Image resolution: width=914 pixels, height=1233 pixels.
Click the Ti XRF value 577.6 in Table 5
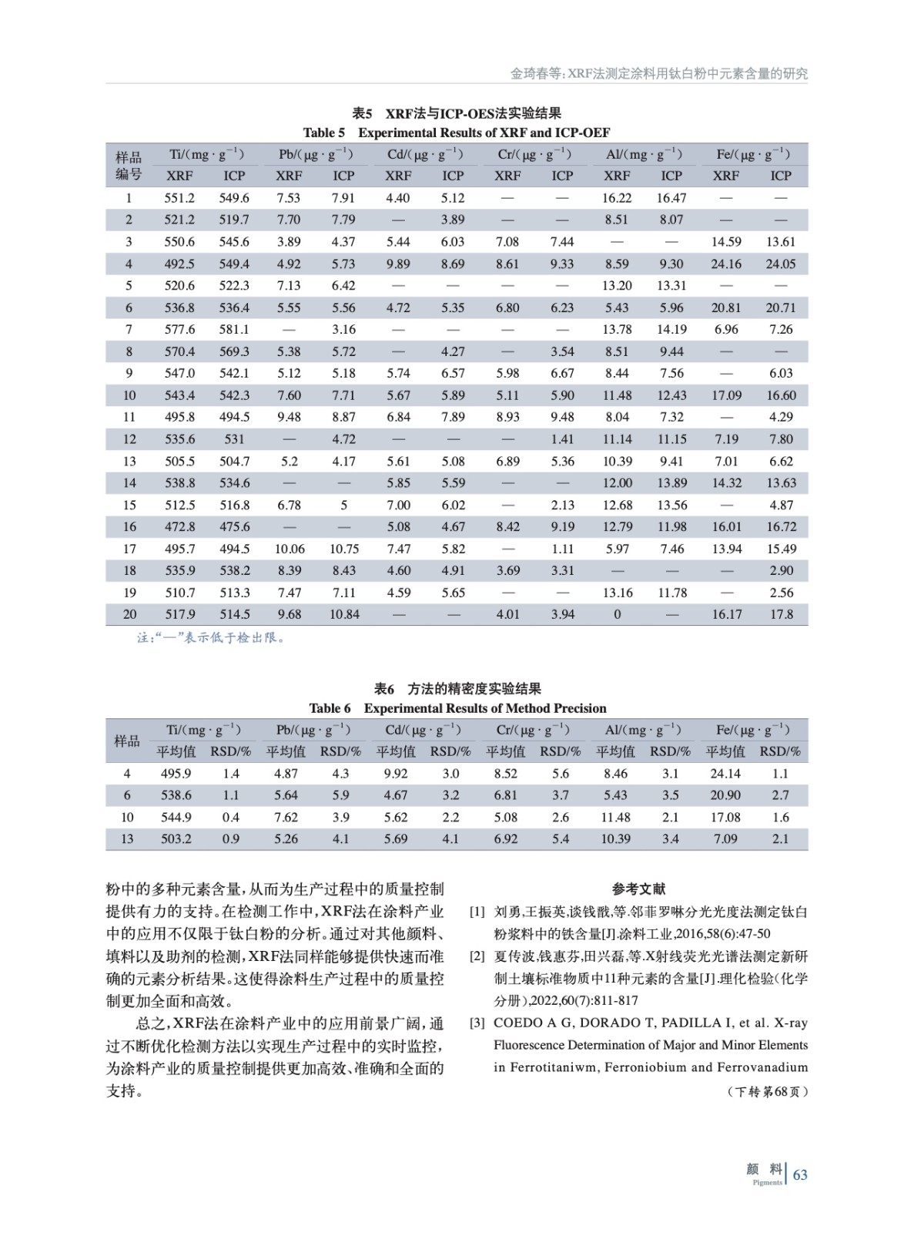(179, 329)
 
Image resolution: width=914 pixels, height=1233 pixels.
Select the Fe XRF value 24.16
(726, 264)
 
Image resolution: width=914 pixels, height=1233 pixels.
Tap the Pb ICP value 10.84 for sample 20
(343, 614)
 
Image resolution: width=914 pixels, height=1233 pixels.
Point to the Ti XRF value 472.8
(179, 526)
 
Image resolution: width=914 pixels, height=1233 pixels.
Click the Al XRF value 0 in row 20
(617, 614)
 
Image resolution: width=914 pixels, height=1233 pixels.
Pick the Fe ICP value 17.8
(781, 614)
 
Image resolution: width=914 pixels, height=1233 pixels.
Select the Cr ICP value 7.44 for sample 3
(562, 241)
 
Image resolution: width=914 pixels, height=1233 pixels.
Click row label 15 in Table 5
(129, 505)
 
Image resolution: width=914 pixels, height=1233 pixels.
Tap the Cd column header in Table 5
(425, 154)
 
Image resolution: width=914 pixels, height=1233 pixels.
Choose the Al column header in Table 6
(643, 730)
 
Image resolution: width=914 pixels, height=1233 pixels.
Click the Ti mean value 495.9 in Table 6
(176, 773)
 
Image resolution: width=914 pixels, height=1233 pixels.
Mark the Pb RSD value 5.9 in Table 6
(340, 795)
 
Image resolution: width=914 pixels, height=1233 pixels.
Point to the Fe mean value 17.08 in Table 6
(725, 817)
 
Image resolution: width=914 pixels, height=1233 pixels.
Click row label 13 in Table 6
(127, 838)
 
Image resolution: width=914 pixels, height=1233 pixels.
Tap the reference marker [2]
(477, 956)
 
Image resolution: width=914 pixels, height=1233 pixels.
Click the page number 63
(800, 1175)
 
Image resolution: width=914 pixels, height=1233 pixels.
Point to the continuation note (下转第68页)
(767, 1091)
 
